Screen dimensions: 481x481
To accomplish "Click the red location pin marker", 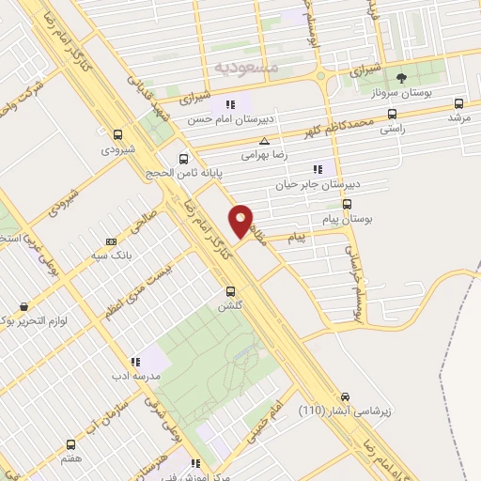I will click(x=241, y=221).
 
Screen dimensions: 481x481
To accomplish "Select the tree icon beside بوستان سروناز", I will click(x=401, y=78).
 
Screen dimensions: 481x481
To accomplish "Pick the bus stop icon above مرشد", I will click(x=458, y=103).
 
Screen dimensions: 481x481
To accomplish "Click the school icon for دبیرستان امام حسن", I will click(x=227, y=104).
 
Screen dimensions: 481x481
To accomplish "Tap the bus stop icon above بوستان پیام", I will click(x=347, y=203).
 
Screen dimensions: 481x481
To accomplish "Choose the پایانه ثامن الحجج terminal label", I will click(x=181, y=174).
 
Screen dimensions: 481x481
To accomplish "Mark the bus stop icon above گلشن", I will click(x=230, y=291).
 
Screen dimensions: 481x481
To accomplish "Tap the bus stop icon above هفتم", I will click(x=70, y=444).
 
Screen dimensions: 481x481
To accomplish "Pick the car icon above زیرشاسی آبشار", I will click(x=346, y=397).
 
